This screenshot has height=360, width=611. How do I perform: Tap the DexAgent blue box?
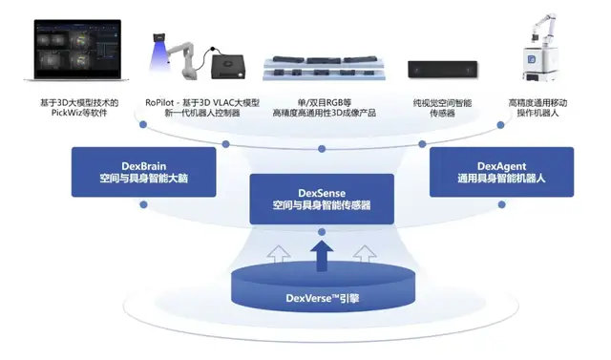(500, 171)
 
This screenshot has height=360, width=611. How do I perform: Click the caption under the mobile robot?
(548, 107)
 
